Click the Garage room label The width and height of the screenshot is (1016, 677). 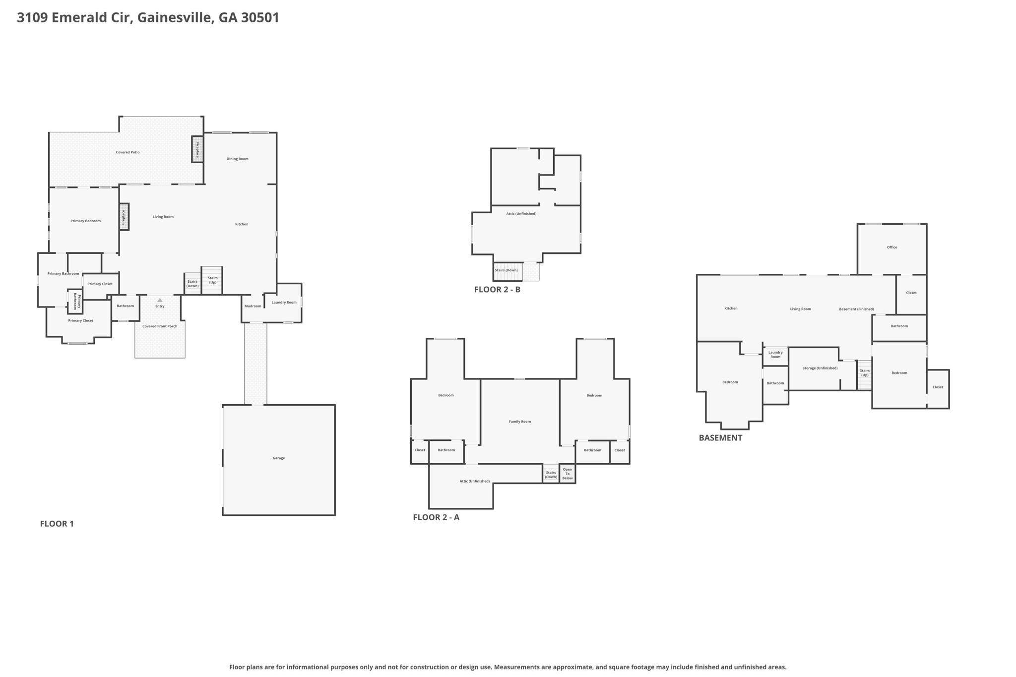coord(279,458)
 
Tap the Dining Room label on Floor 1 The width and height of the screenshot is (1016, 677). coord(238,159)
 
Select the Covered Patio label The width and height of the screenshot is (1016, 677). coord(127,152)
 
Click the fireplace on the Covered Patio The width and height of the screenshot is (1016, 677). coord(197,149)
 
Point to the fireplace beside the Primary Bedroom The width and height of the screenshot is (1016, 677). coord(124,217)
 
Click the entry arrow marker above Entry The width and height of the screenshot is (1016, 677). coord(160,300)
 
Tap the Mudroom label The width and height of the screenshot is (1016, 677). coord(253,306)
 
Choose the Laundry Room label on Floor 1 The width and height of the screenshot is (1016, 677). coord(284,302)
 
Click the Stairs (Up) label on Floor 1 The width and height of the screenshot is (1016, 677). coord(213,280)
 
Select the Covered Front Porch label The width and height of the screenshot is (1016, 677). coord(160,326)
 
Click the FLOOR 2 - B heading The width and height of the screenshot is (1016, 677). coord(497,290)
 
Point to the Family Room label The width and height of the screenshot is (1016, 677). coord(520,422)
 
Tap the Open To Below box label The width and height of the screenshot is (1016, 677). coord(568,474)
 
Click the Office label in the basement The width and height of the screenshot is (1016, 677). coord(892,247)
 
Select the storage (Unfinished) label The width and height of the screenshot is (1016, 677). coord(820,368)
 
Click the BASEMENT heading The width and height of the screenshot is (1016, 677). coord(720,438)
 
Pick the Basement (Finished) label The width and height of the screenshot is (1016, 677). coord(856,309)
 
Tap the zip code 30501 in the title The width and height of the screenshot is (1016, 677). coord(260,18)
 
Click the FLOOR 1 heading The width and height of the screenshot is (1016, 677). coord(57,524)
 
